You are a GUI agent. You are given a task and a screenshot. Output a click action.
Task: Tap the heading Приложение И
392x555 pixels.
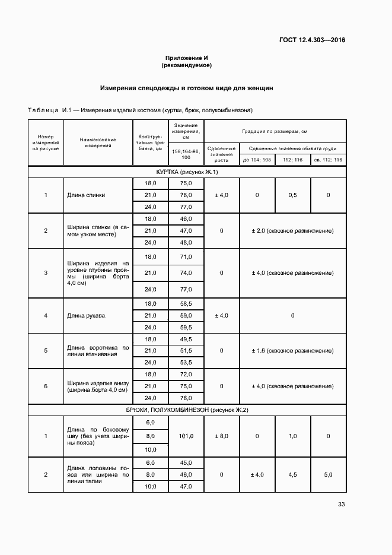(x=186, y=58)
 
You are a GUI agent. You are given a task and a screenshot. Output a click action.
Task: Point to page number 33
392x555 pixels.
(x=341, y=505)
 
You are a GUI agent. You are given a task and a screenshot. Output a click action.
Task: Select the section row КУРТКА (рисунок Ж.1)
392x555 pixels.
(x=187, y=172)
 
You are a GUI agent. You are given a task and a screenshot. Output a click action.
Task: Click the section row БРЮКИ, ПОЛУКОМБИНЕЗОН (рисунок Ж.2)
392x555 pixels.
(x=187, y=410)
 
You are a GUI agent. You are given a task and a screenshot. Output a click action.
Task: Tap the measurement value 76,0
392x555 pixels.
(x=186, y=195)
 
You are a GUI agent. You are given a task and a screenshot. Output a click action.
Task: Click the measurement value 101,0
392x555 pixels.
(x=186, y=436)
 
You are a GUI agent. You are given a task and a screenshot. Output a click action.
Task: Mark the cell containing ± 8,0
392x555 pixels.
(x=221, y=436)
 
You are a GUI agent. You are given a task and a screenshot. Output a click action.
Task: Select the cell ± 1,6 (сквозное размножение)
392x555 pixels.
(x=292, y=350)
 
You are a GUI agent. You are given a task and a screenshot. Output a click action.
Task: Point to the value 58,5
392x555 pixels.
(x=186, y=303)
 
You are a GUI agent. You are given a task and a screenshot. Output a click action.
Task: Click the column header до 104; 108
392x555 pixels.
(x=257, y=160)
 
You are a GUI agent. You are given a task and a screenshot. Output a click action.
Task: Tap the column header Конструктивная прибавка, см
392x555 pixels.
(x=150, y=143)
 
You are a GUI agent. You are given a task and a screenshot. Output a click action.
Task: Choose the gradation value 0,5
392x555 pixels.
(x=292, y=195)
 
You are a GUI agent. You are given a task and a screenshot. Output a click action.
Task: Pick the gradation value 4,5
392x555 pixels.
(x=292, y=475)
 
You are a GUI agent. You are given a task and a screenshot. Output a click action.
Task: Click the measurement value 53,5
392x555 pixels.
(x=186, y=362)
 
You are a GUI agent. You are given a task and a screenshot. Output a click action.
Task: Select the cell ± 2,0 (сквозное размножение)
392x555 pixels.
(x=292, y=230)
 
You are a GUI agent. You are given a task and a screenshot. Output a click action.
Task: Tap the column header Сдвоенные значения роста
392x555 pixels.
(x=221, y=154)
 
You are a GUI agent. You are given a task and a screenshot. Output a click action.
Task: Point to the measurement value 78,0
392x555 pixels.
(x=186, y=398)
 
